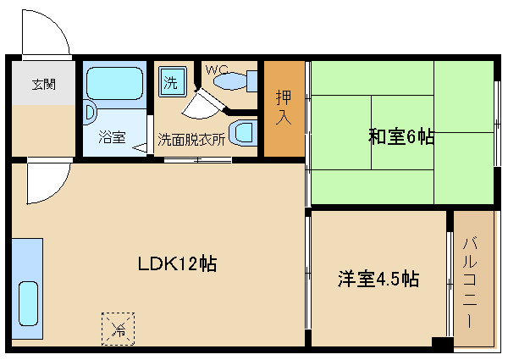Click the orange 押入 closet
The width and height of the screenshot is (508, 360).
(x=284, y=108)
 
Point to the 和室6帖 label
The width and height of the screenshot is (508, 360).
(x=400, y=136)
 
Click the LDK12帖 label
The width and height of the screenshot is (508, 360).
(x=178, y=263)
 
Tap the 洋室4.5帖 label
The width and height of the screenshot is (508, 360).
(x=379, y=279)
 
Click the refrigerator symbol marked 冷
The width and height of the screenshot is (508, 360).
(x=119, y=329)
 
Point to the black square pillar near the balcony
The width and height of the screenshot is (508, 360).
(x=441, y=342)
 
